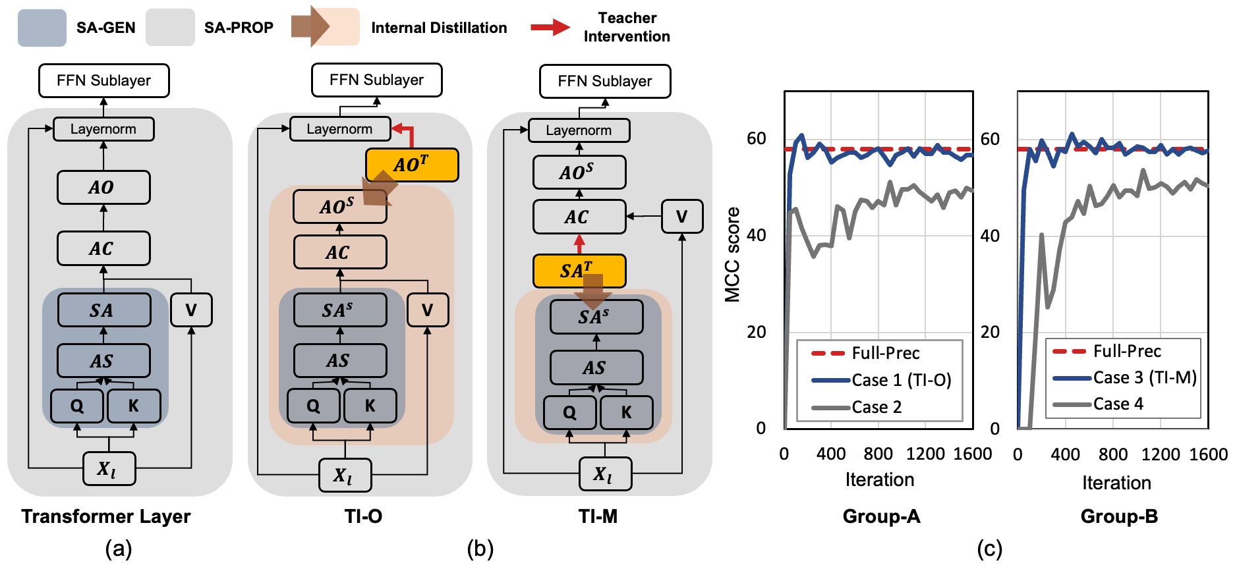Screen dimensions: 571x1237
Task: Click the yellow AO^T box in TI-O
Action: (412, 165)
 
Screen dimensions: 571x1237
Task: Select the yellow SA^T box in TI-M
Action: (579, 271)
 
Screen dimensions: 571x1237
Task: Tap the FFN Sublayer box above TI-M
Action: (604, 81)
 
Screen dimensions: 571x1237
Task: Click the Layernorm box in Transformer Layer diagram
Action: (103, 129)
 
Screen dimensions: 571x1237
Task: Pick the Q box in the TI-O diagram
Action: (314, 406)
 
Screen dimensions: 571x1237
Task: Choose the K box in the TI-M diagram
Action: (626, 412)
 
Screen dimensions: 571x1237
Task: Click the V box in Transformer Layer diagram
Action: (191, 310)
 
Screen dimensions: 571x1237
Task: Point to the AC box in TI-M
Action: (579, 217)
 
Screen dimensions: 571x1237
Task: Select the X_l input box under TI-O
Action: (344, 475)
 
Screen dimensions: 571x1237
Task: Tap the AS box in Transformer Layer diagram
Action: (103, 361)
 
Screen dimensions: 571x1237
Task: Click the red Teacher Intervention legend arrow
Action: (550, 27)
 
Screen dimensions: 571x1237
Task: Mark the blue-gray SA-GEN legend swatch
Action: (42, 28)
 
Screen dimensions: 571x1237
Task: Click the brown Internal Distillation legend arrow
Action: (311, 27)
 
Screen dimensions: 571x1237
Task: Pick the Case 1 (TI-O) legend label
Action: (901, 380)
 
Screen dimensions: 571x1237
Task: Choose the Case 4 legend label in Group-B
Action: (1118, 404)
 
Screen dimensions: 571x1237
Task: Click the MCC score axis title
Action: (732, 255)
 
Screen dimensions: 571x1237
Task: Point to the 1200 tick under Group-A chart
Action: (925, 454)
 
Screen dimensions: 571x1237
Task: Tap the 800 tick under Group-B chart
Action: (1112, 454)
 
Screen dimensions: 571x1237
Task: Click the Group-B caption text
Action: (1118, 516)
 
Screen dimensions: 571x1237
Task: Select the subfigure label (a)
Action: (119, 549)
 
